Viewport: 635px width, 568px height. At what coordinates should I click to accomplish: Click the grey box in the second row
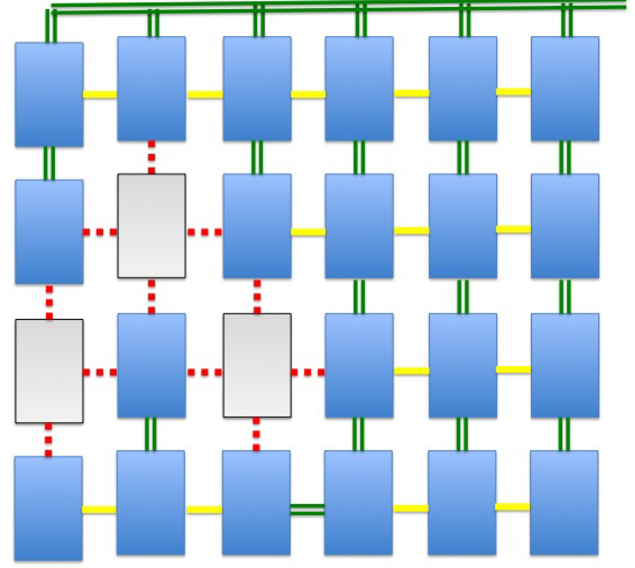tap(151, 226)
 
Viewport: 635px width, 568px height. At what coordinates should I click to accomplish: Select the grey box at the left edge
tap(49, 371)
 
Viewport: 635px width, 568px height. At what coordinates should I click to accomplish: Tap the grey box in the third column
tap(257, 365)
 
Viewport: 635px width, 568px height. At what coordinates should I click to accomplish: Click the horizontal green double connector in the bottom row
tap(307, 509)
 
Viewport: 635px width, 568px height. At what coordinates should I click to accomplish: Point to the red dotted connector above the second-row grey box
tap(151, 157)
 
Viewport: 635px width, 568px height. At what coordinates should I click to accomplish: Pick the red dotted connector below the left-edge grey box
tap(48, 440)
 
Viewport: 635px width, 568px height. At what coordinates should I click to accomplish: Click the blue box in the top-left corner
tap(49, 94)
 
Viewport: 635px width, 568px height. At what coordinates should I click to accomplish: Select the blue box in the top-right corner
tap(565, 88)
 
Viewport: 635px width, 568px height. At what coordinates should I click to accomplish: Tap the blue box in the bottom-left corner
tap(48, 508)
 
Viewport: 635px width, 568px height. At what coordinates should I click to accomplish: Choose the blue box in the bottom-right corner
tap(564, 503)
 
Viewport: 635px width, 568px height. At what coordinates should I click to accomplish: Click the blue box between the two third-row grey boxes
tap(151, 365)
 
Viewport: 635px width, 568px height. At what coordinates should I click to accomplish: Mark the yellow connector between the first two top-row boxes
tap(100, 95)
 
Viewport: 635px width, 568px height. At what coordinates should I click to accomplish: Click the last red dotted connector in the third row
tap(308, 372)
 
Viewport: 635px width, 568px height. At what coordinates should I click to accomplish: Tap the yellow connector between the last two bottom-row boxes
tap(512, 507)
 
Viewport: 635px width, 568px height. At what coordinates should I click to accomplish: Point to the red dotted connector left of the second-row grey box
tap(100, 232)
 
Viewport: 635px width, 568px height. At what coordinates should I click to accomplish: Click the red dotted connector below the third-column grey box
tap(256, 434)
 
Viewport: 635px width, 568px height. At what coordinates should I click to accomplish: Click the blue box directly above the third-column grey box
tap(257, 226)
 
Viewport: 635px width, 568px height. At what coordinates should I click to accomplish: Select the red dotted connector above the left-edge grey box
tap(49, 302)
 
